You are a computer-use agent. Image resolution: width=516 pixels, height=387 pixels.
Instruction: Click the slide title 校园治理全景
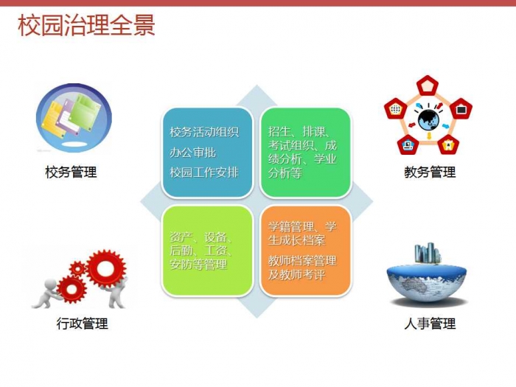pos(86,25)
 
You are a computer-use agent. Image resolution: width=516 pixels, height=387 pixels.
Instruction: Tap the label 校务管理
pos(71,172)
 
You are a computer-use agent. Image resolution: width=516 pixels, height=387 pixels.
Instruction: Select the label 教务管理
pos(430,172)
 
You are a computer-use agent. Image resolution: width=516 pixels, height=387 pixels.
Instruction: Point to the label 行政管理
pos(83,324)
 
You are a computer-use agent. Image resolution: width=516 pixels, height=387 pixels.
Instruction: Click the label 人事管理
pos(430,324)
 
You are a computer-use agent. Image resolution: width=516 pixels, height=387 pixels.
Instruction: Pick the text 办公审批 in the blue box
pos(193,153)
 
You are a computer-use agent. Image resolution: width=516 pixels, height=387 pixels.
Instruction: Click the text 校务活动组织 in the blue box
pos(204,132)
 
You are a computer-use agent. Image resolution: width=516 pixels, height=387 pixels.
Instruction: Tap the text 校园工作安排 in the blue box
pos(204,172)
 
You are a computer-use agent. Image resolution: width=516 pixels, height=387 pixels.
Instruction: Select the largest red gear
pos(106,268)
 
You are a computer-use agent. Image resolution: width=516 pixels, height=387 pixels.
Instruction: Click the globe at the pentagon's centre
pos(428,120)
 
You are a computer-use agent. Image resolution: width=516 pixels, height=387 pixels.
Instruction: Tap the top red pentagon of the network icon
pos(428,86)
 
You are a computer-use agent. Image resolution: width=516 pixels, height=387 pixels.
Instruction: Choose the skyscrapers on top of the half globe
pos(428,254)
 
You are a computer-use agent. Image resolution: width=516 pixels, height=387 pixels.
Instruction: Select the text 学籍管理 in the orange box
pos(291,227)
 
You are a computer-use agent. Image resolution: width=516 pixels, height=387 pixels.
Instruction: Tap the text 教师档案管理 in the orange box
pos(302,261)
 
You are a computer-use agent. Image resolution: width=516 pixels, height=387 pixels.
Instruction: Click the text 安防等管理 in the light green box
pos(198,264)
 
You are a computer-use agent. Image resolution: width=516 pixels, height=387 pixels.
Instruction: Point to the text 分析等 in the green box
pos(285,172)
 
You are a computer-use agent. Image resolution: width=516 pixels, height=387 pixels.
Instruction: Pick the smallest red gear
pos(77,269)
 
